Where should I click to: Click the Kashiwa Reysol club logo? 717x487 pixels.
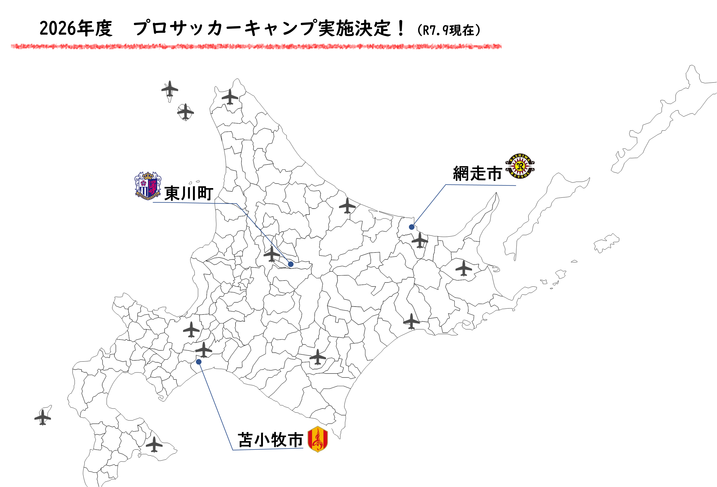tap(520, 166)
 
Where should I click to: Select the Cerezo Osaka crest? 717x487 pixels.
tap(148, 186)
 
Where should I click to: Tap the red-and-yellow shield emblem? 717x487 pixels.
tap(318, 439)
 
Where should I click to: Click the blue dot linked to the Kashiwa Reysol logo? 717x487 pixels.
tap(412, 227)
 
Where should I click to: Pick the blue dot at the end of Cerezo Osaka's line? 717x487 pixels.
tap(291, 264)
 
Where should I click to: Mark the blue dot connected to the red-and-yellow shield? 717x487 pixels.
tap(199, 362)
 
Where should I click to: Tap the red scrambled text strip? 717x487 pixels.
tap(256, 46)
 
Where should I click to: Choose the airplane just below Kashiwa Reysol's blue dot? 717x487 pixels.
tap(420, 240)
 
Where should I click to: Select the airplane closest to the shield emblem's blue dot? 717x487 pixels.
tap(204, 350)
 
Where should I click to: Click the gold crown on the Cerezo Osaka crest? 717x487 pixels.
tap(148, 176)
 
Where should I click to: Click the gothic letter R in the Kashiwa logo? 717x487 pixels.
tap(520, 166)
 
